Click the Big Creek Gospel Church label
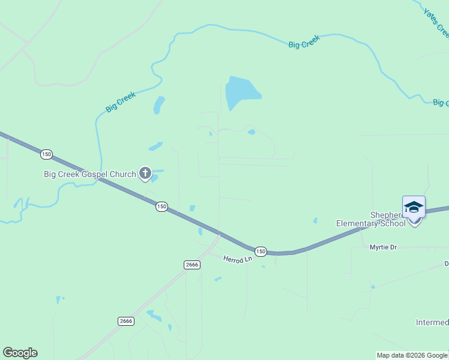[90, 175]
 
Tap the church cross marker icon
[145, 174]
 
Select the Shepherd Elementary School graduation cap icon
[414, 208]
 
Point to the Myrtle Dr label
[383, 247]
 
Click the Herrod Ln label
[235, 259]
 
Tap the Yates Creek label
[436, 21]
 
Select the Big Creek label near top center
[304, 41]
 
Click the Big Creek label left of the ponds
[121, 101]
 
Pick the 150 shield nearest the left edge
[46, 155]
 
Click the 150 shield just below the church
[161, 206]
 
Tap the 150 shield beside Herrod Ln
[259, 251]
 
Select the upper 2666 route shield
[191, 265]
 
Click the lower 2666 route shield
[125, 321]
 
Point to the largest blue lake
[241, 92]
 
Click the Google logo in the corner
[20, 353]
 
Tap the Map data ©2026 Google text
[412, 355]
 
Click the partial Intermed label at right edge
[432, 323]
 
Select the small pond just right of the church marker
[155, 178]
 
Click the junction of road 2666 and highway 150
[219, 233]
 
